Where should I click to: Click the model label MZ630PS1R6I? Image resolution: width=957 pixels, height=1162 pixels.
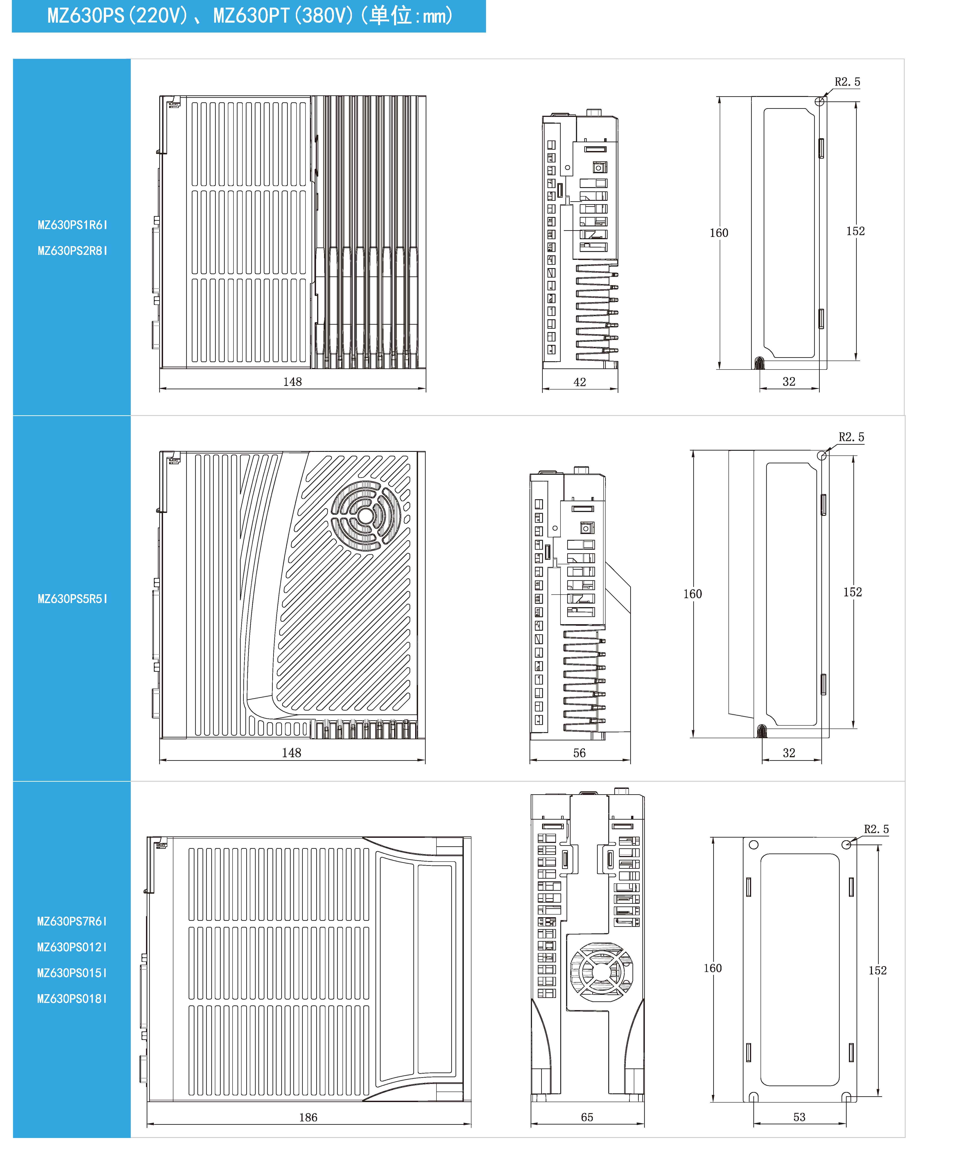pyautogui.click(x=72, y=225)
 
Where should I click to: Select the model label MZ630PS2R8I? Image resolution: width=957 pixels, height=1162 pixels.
pyautogui.click(x=72, y=251)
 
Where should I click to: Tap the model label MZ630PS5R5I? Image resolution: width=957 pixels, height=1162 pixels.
pyautogui.click(x=72, y=599)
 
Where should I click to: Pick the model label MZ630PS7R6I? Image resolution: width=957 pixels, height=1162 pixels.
pyautogui.click(x=72, y=921)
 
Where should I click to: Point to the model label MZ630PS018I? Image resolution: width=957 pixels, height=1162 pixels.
pyautogui.click(x=72, y=999)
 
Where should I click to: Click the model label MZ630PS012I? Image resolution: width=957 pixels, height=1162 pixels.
pyautogui.click(x=72, y=948)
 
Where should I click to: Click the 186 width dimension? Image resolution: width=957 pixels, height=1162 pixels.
pyautogui.click(x=308, y=1117)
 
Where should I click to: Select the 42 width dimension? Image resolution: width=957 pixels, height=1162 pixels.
pyautogui.click(x=579, y=382)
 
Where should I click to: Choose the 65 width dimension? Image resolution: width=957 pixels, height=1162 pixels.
pyautogui.click(x=587, y=1117)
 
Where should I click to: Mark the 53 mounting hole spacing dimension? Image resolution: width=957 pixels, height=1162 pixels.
pyautogui.click(x=799, y=1117)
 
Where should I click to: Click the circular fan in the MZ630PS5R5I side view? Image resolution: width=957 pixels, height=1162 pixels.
pyautogui.click(x=366, y=516)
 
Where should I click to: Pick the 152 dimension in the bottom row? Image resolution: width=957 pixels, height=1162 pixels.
pyautogui.click(x=878, y=971)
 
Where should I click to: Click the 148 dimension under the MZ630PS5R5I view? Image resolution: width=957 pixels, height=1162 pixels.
pyautogui.click(x=292, y=753)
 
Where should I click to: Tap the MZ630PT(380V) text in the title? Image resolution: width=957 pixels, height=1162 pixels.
pyautogui.click(x=283, y=15)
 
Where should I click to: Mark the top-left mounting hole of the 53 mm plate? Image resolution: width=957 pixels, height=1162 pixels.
pyautogui.click(x=754, y=845)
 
